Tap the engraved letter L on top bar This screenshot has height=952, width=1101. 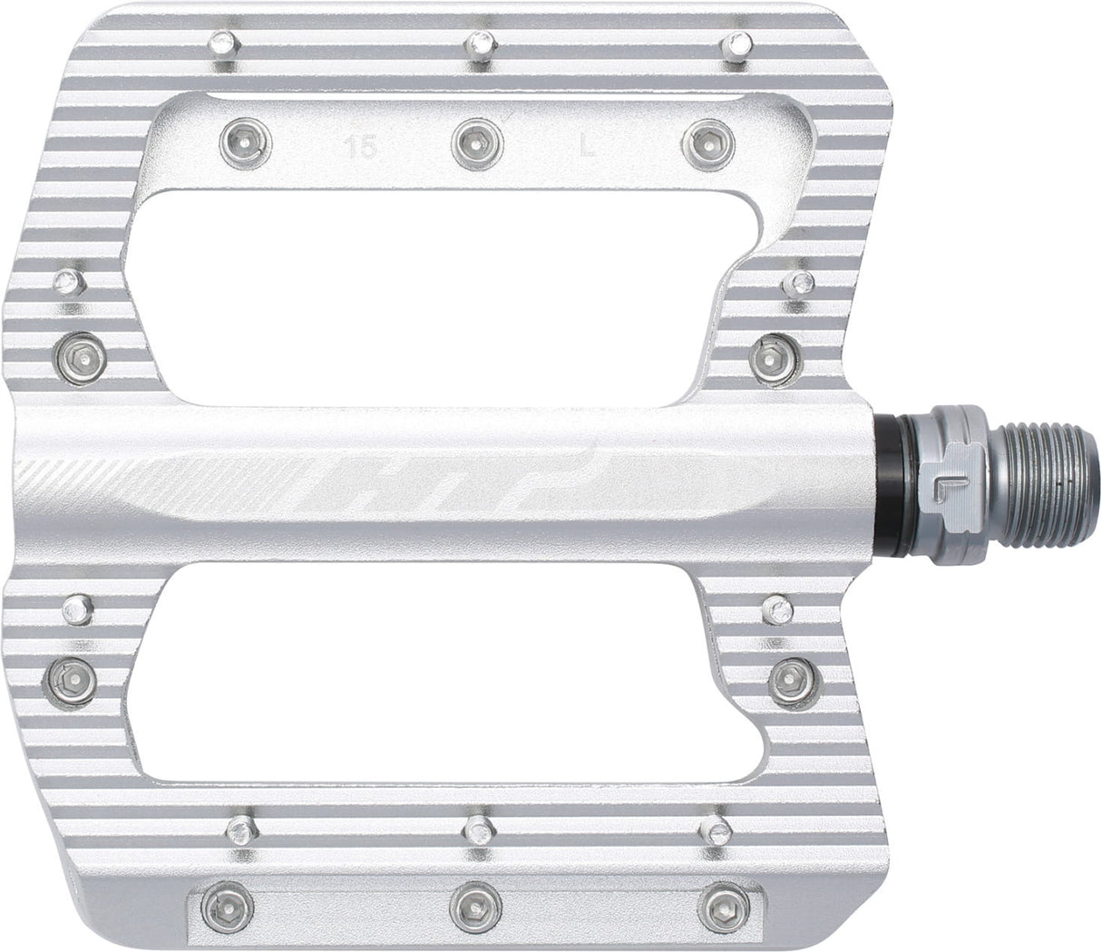[588, 147]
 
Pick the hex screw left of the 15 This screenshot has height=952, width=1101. [246, 141]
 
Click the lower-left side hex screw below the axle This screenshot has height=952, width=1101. [73, 675]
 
